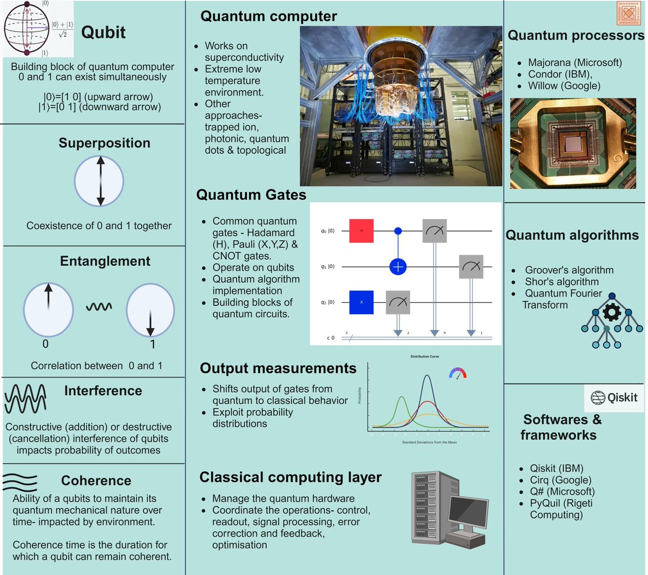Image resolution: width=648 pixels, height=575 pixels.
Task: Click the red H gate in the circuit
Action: coord(361,231)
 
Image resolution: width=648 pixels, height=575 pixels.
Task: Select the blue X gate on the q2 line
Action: coord(361,302)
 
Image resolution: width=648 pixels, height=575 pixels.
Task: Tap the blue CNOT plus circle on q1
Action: coord(398,267)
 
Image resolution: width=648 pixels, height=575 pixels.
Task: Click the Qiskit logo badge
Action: coord(614,398)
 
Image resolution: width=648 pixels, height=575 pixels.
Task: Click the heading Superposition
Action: coord(104,143)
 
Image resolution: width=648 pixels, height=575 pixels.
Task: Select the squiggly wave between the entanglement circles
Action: coord(99,307)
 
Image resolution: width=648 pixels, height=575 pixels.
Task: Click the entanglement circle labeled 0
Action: coord(48,309)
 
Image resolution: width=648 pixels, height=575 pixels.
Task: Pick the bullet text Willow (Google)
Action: coord(564,86)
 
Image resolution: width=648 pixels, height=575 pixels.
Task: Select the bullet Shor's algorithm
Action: coord(562,282)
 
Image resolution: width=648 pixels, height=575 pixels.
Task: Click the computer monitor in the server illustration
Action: coord(468,511)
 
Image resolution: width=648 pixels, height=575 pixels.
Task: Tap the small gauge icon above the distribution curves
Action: coord(457,373)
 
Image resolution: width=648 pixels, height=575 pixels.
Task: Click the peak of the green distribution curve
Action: coord(402,397)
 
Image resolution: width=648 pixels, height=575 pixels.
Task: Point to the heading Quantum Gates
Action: coord(251,195)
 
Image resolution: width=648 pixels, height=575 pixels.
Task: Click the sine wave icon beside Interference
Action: coord(25,398)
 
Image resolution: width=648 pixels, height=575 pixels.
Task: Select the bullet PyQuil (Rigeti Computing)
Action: coord(561,509)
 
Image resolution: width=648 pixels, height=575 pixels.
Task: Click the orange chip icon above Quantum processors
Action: coord(629,13)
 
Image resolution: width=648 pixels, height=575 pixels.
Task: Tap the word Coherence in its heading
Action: coord(96,481)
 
